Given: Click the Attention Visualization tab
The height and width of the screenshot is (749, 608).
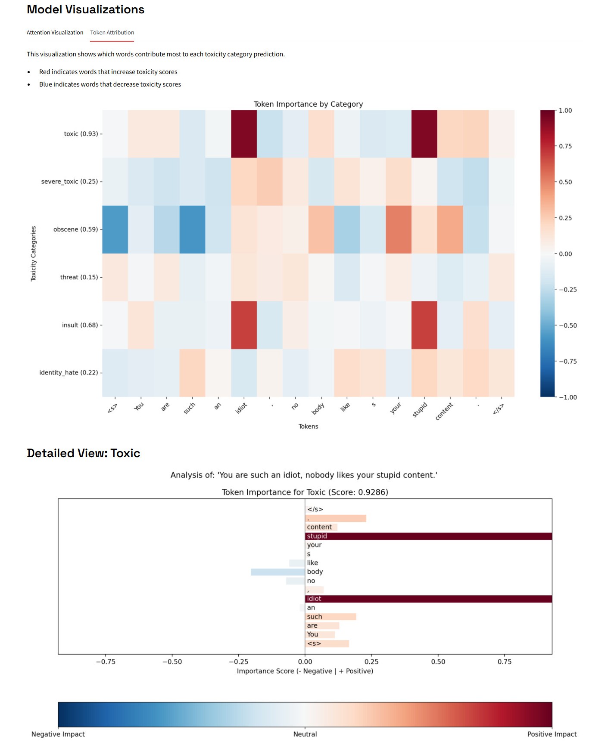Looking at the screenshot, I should pyautogui.click(x=55, y=33).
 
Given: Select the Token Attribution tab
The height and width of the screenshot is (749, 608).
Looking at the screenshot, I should pyautogui.click(x=112, y=33).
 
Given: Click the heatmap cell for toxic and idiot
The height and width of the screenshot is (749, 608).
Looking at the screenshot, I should pyautogui.click(x=244, y=134).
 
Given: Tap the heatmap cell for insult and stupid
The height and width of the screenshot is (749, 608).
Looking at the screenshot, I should pyautogui.click(x=424, y=325).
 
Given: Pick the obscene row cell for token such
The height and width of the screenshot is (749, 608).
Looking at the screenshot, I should pyautogui.click(x=192, y=229).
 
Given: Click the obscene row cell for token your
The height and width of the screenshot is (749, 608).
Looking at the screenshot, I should pyautogui.click(x=398, y=229).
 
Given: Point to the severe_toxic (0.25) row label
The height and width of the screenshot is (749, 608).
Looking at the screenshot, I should pyautogui.click(x=69, y=182).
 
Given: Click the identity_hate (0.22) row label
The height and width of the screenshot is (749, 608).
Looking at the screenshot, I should pyautogui.click(x=69, y=373).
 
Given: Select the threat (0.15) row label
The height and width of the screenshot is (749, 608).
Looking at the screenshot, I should pyautogui.click(x=79, y=277).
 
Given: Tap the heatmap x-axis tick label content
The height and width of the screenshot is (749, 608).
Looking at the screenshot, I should pyautogui.click(x=444, y=412).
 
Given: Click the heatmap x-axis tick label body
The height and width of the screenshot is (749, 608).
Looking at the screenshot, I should pyautogui.click(x=318, y=409).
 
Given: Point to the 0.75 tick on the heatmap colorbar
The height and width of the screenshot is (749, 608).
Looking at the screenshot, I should pyautogui.click(x=565, y=146).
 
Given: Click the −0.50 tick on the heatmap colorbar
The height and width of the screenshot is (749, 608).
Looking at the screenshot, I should pyautogui.click(x=567, y=325).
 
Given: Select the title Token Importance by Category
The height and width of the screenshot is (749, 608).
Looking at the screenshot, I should pyautogui.click(x=308, y=104).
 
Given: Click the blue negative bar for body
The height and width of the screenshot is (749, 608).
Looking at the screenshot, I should pyautogui.click(x=278, y=572).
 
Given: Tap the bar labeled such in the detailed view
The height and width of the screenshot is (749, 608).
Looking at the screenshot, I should pyautogui.click(x=331, y=617).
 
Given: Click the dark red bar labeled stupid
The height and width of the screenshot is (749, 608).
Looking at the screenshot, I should pyautogui.click(x=428, y=536).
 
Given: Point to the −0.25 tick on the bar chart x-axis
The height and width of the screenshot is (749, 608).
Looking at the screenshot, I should pyautogui.click(x=238, y=662).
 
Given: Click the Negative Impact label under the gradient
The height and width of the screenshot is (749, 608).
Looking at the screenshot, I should pyautogui.click(x=58, y=734).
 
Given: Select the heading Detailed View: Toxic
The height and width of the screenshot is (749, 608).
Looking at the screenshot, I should pyautogui.click(x=84, y=453).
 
